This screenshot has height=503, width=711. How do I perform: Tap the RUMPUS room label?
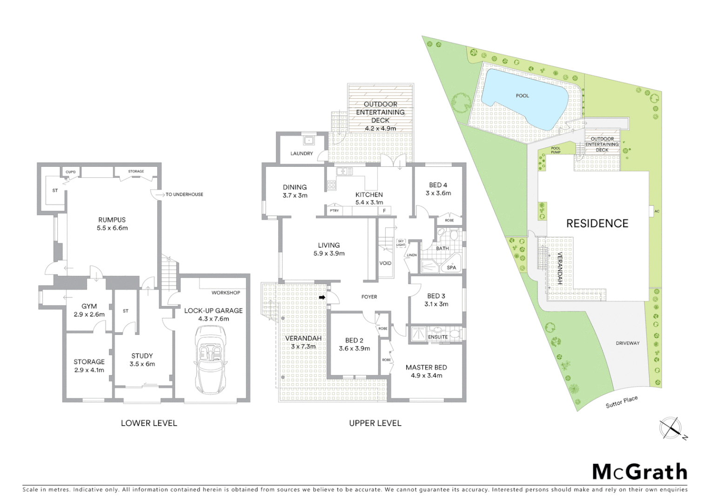tap(112, 220)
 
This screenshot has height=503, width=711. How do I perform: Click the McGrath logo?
tap(639, 472)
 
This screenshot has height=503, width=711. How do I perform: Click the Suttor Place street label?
tap(621, 401)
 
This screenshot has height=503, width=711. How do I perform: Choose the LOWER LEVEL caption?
tap(149, 423)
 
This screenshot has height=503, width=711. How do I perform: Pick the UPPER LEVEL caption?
tap(375, 423)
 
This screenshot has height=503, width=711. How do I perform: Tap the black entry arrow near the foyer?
tap(322, 297)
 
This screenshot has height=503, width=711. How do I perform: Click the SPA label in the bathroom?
tap(451, 268)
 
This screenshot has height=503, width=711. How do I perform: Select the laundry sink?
tap(308, 140)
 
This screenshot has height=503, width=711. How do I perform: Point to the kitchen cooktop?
tap(331, 185)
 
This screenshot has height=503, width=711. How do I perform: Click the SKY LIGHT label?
tap(401, 243)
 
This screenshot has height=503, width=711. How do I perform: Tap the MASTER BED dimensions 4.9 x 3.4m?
tap(426, 375)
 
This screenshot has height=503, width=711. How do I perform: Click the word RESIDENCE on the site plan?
tap(597, 224)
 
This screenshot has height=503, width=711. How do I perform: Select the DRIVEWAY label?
tap(628, 343)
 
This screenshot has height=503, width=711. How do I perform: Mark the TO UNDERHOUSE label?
tap(184, 194)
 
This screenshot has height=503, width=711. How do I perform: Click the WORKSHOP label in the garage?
tap(226, 292)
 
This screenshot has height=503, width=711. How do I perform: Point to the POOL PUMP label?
tap(556, 150)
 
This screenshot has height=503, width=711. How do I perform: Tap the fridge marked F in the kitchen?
tap(384, 211)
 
